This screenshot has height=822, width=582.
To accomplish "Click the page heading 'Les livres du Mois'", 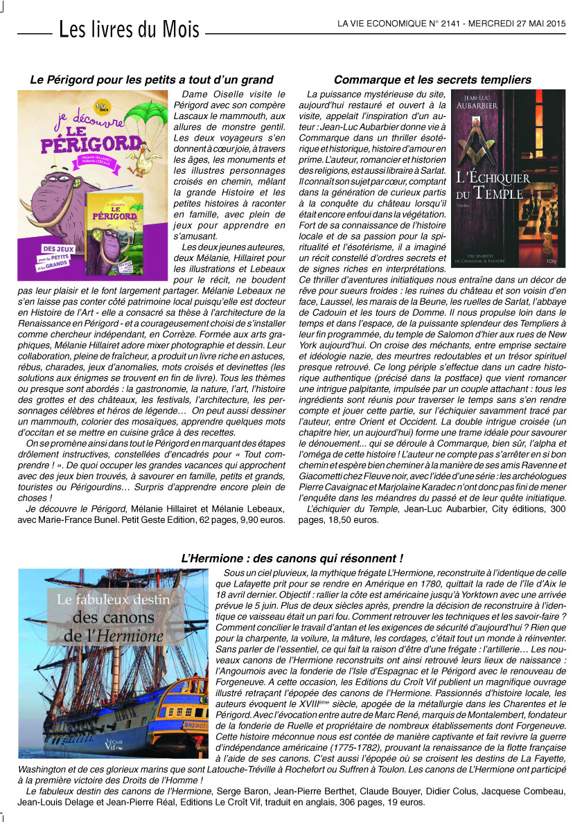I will [129, 30].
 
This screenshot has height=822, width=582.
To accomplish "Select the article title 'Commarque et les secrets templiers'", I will [432, 80].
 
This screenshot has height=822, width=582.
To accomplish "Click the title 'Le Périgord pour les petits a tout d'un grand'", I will [152, 80].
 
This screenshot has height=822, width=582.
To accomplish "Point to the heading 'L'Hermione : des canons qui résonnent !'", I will [292, 558].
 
